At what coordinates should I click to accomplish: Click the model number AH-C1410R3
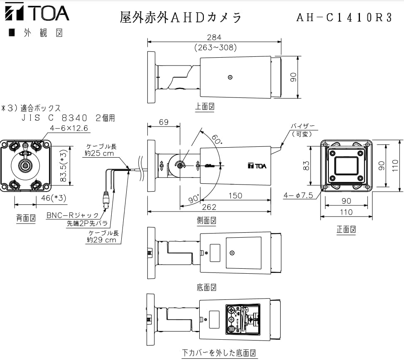click(x=344, y=17)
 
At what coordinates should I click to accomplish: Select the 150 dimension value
click(x=235, y=196)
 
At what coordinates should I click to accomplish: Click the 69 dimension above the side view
click(x=164, y=122)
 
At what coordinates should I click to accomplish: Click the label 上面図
click(x=205, y=107)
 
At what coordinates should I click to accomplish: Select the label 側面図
click(x=206, y=221)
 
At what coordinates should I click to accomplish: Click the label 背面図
click(x=26, y=218)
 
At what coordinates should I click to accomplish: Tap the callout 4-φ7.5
click(x=299, y=195)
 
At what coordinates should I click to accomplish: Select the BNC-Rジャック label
click(x=73, y=215)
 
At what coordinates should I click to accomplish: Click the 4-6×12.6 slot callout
click(x=69, y=128)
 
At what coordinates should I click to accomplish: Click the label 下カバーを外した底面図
click(x=219, y=353)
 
